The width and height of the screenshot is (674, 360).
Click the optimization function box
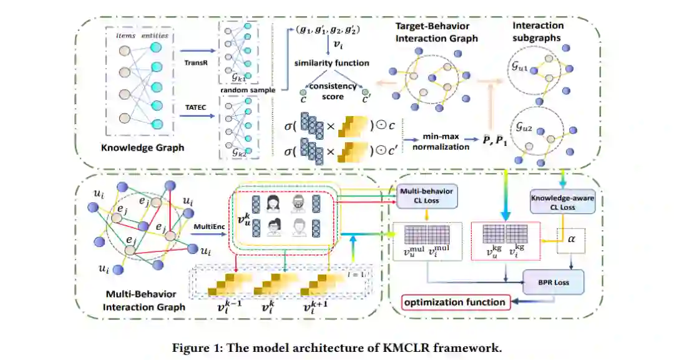pos(454,303)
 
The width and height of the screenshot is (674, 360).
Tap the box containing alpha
pos(571,238)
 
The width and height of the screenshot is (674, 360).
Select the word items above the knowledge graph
pos(127,36)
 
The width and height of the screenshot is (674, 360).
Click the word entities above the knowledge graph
pos(155,36)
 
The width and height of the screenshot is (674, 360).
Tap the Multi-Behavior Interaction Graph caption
pos(140,300)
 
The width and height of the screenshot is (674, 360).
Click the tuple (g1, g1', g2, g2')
pos(331,29)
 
